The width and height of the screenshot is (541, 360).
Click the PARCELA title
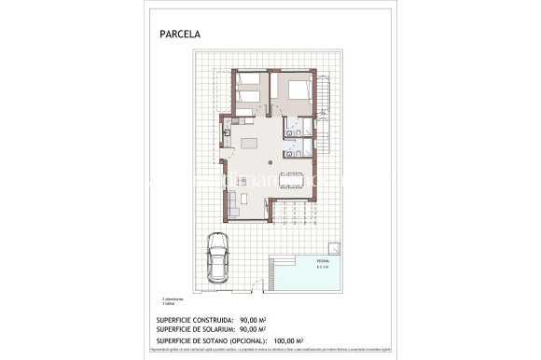point(181,35)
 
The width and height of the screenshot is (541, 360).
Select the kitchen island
point(251,143)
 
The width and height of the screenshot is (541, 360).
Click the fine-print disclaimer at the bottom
point(270,351)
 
